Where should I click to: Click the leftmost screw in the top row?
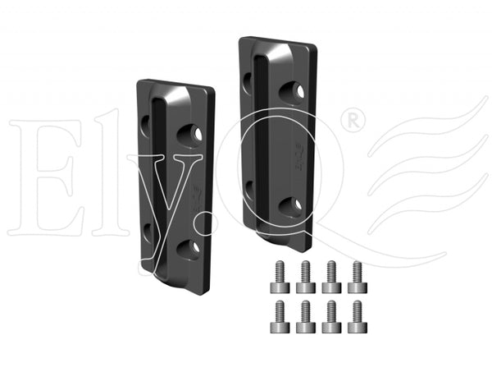(x=280, y=277)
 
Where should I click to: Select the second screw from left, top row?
(x=306, y=277)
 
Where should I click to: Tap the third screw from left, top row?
(x=331, y=277)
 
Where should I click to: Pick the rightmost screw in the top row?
(x=358, y=277)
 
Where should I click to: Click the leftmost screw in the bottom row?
(x=280, y=317)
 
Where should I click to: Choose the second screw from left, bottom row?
(x=306, y=317)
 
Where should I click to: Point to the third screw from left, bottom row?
(x=331, y=317)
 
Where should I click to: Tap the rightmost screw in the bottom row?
(x=358, y=317)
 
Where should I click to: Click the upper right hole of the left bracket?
(x=189, y=135)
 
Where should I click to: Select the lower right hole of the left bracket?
(x=189, y=249)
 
